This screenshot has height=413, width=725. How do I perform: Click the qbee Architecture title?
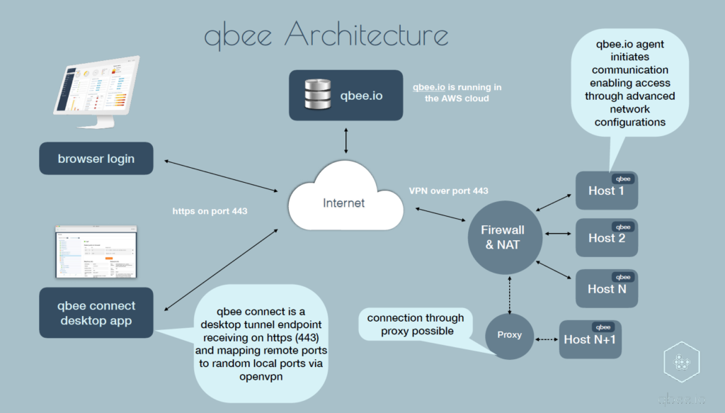[326, 35]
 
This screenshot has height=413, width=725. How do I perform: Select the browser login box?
[96, 159]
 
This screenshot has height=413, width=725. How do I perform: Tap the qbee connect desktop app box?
[96, 313]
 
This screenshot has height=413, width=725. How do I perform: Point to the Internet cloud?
[344, 203]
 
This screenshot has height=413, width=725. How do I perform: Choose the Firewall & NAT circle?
[503, 237]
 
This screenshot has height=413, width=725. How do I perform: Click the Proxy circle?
[509, 335]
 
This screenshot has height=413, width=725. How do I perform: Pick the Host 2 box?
[607, 238]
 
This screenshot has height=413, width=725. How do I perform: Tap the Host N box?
[607, 288]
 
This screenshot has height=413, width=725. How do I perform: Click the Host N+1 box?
[590, 339]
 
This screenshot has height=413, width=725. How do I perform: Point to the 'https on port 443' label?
[210, 211]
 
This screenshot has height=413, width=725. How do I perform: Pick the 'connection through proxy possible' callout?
[416, 324]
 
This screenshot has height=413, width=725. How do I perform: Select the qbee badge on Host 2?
[624, 227]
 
